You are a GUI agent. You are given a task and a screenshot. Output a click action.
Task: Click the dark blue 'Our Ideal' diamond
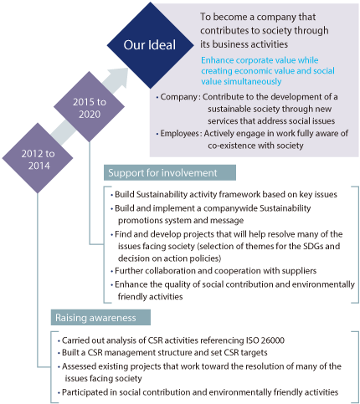click(150, 45)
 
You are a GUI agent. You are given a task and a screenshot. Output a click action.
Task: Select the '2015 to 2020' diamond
click(89, 107)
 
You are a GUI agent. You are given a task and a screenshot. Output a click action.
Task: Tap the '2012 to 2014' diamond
click(38, 158)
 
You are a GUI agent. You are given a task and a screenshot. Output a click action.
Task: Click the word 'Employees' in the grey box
click(179, 134)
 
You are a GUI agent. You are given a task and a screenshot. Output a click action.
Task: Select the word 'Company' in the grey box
click(179, 97)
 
